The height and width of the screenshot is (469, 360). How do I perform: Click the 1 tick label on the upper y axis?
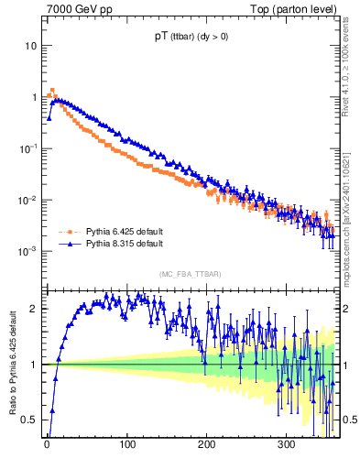click(x=34, y=97)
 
